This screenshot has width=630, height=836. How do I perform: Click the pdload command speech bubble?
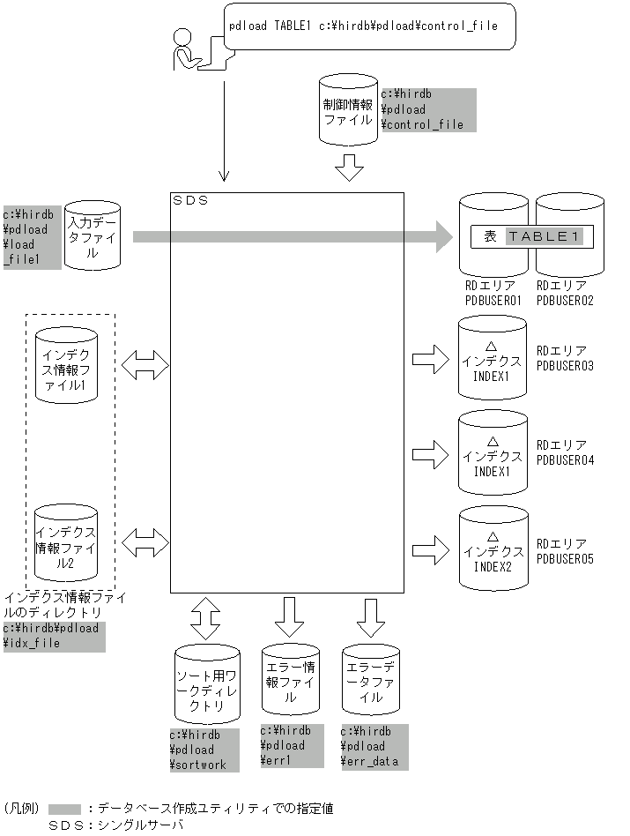[x=370, y=26]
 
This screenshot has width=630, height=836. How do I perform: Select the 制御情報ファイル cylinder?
[x=348, y=110]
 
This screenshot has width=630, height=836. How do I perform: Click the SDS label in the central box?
[x=190, y=201]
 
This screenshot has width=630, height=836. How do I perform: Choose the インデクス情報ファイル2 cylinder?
[x=66, y=541]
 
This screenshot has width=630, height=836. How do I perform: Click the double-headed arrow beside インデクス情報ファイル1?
[x=145, y=364]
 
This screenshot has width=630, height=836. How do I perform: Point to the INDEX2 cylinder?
[x=493, y=550]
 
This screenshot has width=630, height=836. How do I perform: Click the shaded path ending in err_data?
[x=374, y=746]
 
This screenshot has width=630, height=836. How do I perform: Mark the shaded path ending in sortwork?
[x=204, y=750]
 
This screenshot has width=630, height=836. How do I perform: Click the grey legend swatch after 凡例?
[x=64, y=809]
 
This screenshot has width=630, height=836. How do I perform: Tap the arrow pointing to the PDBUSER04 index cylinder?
[x=430, y=454]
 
